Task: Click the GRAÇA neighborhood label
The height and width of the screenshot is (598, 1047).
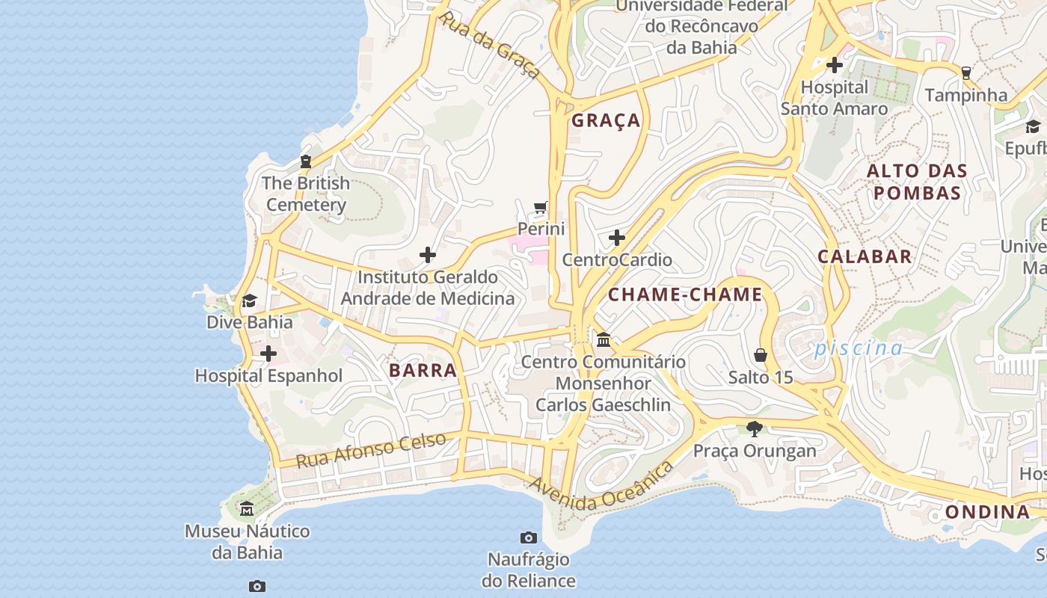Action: coord(606,120)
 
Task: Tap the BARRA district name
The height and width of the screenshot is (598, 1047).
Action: coord(423,370)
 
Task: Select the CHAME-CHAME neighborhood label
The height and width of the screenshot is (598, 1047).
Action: coord(684,295)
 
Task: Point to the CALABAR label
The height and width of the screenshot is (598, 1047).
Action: coord(865,256)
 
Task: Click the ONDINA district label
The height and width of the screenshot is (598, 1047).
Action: coord(987,512)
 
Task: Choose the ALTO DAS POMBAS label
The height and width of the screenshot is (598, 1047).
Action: coord(917,182)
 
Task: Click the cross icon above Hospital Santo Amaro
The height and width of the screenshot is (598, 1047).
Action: coord(834,65)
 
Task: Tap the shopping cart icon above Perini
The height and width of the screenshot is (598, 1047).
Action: coord(541,207)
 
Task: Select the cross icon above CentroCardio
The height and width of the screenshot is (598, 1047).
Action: coord(616,238)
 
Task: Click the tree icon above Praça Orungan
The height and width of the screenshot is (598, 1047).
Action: coord(754,428)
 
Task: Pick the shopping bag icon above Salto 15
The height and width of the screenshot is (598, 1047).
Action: coord(761,354)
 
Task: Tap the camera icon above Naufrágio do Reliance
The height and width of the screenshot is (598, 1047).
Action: coord(528,537)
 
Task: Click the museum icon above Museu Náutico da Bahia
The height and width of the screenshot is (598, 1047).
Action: coord(246,509)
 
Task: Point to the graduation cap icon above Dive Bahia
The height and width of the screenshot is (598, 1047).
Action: coord(249,300)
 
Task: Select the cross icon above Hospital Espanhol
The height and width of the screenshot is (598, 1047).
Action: coord(268,354)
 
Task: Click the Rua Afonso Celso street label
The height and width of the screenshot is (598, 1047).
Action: coord(371,450)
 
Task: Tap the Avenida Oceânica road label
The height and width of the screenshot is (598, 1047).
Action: coord(601,487)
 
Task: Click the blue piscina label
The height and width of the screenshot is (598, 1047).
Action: coord(859,348)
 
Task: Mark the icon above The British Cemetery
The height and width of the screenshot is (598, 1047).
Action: coord(305,161)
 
